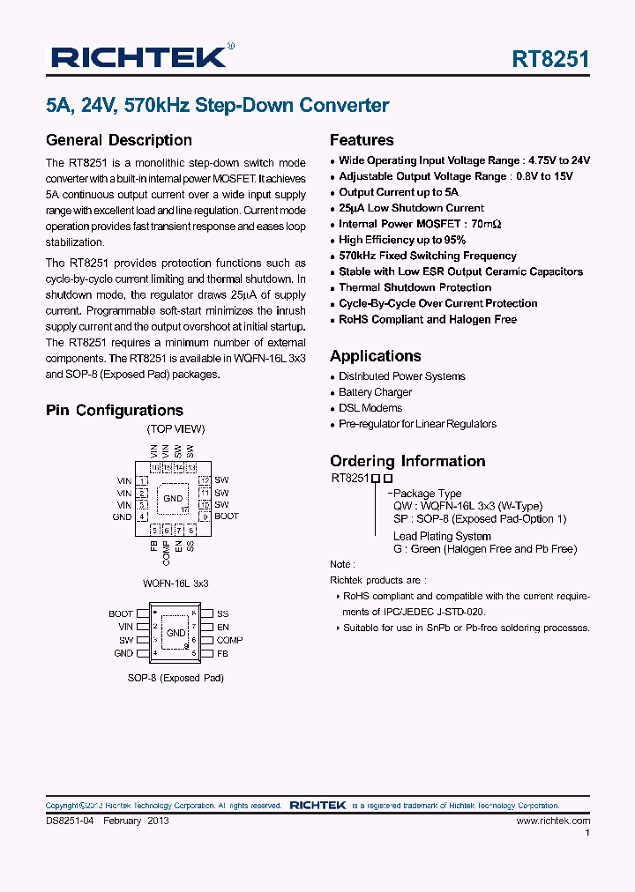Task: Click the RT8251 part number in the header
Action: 550,59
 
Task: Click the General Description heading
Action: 118,140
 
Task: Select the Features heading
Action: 362,140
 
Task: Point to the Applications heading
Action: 375,356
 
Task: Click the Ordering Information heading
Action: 407,461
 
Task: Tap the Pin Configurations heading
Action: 114,410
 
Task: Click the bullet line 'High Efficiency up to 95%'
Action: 402,240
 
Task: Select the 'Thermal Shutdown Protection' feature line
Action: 415,287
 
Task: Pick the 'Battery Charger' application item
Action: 375,392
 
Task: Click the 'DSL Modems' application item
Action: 370,408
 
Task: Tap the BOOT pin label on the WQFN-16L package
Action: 227,517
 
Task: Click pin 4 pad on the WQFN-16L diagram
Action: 142,517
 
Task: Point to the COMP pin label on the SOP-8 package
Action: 230,640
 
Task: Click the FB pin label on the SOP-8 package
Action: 222,653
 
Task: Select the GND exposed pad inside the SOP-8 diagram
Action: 176,633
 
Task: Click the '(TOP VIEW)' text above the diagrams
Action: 176,429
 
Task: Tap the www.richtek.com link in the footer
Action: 553,821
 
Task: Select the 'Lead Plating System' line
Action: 442,536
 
